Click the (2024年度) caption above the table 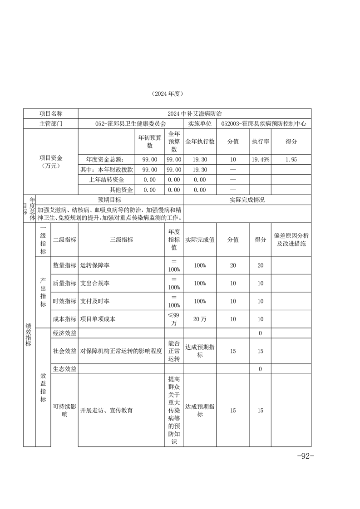click(168, 94)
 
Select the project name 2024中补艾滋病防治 click(194, 113)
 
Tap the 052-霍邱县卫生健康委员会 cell click(131, 123)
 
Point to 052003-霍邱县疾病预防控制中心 click(263, 123)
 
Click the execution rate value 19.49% click(261, 159)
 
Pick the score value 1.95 click(291, 159)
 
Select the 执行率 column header click(261, 142)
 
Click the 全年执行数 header click(200, 142)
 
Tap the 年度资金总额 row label click(105, 159)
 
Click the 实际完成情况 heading click(247, 200)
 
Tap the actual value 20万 click(200, 319)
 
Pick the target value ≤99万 click(174, 319)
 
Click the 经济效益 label click(64, 333)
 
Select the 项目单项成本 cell click(98, 319)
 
